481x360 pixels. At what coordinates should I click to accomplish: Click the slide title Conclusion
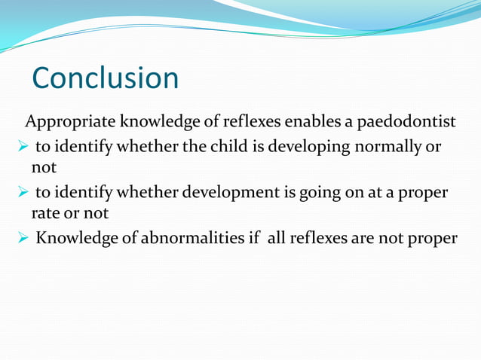(105, 78)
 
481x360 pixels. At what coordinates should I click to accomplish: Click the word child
(209, 146)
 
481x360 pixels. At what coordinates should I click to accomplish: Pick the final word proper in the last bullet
(434, 239)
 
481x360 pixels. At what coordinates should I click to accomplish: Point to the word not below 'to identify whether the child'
(44, 166)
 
